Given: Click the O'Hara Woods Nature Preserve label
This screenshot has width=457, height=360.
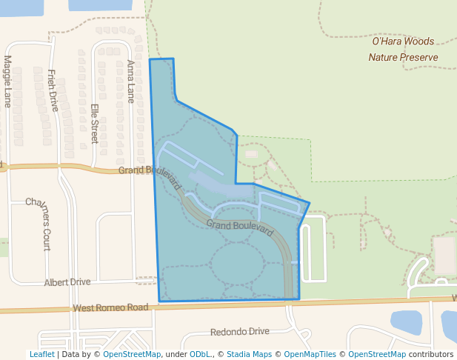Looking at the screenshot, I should (x=403, y=49).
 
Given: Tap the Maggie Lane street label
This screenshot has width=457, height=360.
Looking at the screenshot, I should (x=8, y=81).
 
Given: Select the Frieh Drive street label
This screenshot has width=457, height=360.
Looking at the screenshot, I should (x=52, y=90).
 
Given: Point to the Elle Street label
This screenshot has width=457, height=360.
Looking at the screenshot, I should (x=94, y=123).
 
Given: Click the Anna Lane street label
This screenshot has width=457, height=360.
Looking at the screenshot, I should (x=131, y=81).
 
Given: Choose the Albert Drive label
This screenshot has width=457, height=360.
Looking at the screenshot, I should (x=67, y=282).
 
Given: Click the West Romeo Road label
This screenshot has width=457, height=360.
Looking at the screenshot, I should (x=111, y=307).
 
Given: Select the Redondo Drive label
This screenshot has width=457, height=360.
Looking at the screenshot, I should (x=240, y=332).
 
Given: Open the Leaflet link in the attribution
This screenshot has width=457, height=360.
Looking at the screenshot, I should (x=41, y=354).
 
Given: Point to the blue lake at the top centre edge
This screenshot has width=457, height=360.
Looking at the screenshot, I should (x=101, y=4).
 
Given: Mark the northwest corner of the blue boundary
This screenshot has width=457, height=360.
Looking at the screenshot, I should (x=150, y=60).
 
